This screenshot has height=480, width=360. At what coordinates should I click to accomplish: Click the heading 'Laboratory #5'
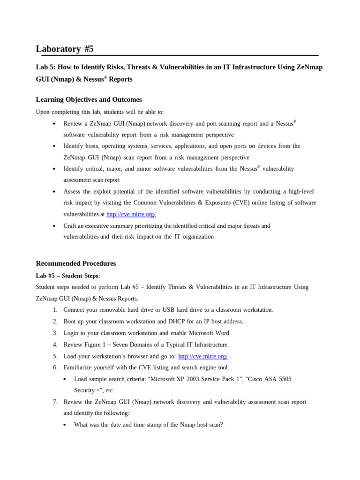click(x=65, y=49)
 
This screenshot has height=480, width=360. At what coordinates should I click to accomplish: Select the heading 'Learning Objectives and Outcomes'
click(x=89, y=99)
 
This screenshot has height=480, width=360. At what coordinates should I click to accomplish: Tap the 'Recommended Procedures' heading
click(x=75, y=263)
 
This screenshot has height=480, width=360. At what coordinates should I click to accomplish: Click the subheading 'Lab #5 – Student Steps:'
click(x=68, y=276)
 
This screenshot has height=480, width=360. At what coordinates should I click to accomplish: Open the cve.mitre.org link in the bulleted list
click(x=131, y=214)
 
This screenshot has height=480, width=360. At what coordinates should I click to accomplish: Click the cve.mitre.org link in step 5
click(x=202, y=356)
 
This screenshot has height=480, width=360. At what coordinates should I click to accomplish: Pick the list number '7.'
click(x=55, y=402)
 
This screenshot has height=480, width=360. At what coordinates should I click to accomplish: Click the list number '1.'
click(x=55, y=310)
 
